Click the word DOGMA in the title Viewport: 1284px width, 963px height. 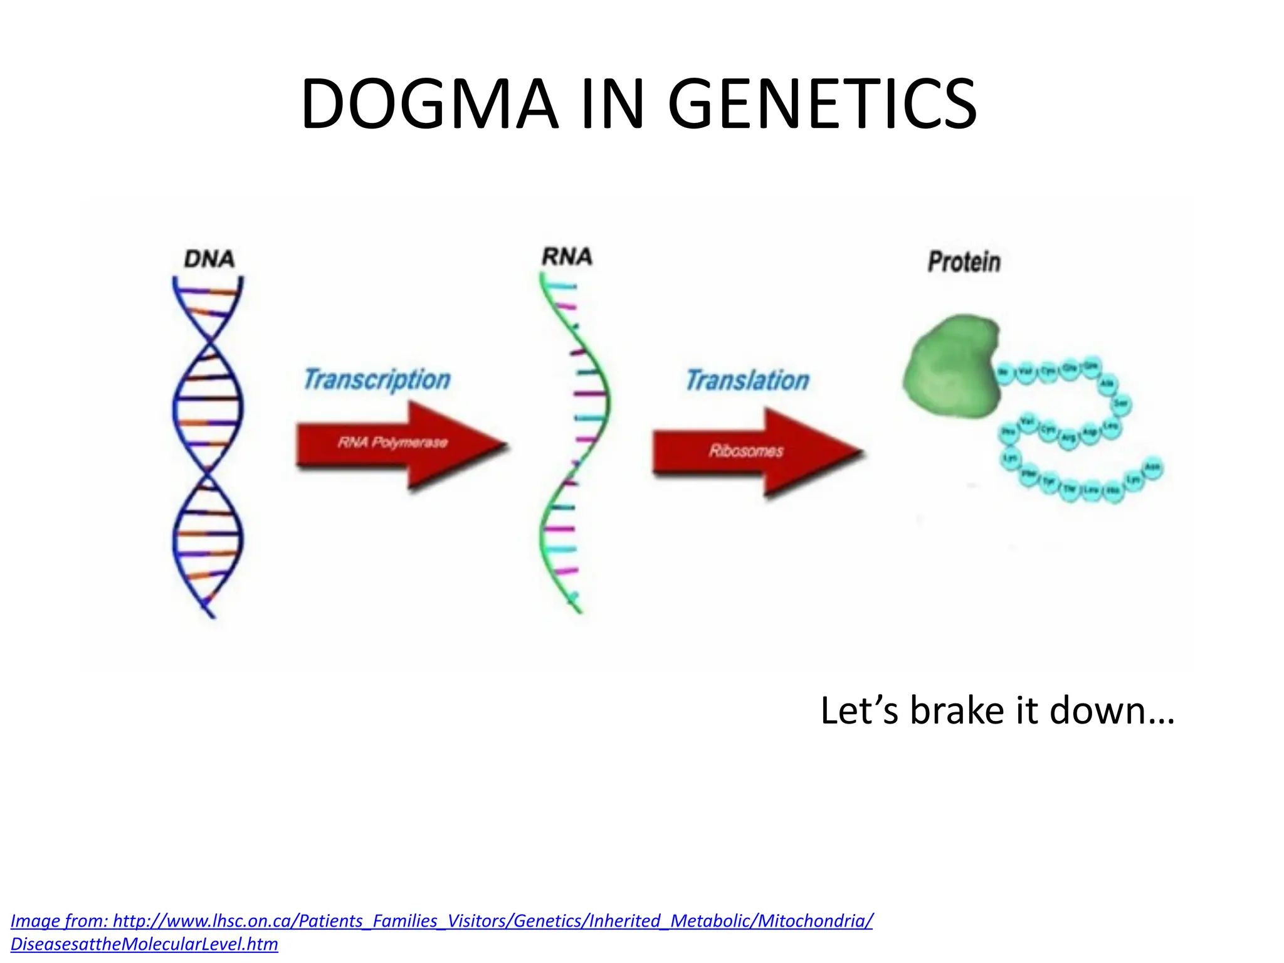coord(429,104)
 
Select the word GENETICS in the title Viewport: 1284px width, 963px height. coord(821,104)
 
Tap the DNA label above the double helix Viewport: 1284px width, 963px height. coord(209,259)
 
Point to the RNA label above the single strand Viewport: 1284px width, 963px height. coord(567,256)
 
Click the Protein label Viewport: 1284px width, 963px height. coord(964,262)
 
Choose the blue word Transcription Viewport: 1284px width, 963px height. coord(377,379)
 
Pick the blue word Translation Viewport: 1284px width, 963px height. coord(747,380)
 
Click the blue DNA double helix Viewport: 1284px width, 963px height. coord(208,408)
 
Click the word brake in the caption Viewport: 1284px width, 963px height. coord(957,711)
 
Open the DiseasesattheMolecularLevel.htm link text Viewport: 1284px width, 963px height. coord(144,944)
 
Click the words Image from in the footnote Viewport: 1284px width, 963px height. coord(60,921)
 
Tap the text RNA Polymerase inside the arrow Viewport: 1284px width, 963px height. coord(392,443)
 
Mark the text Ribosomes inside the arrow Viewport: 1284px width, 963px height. coord(746,451)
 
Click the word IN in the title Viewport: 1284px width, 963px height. coord(612,104)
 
